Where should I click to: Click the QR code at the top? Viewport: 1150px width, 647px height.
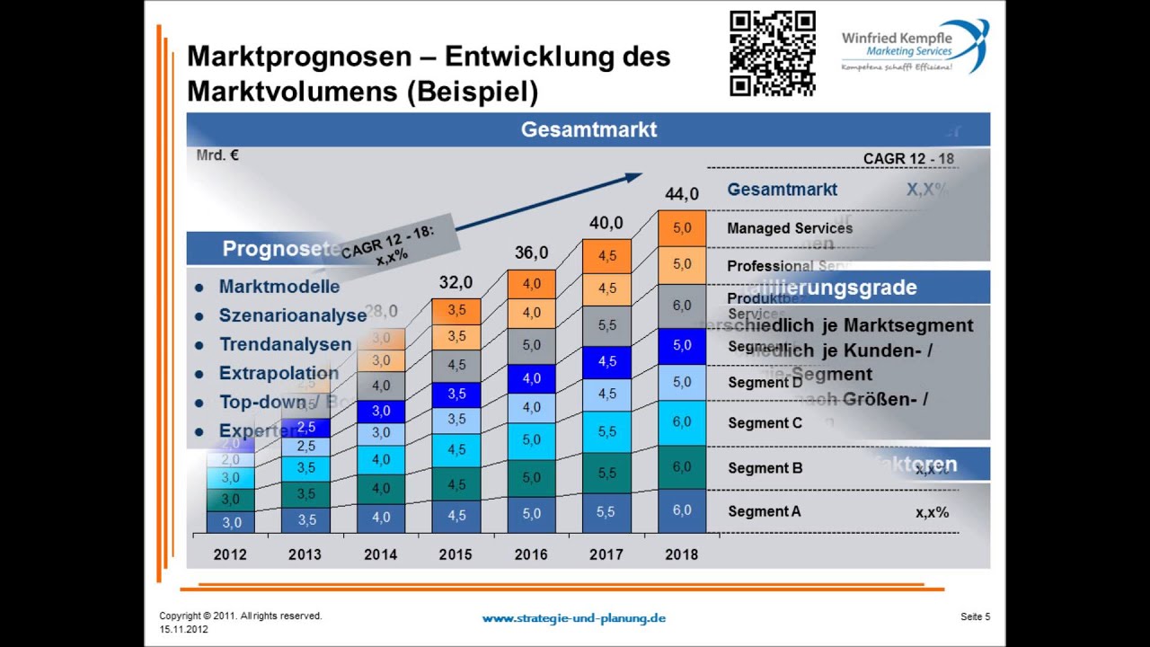click(772, 53)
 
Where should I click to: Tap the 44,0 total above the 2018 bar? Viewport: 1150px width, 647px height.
click(681, 194)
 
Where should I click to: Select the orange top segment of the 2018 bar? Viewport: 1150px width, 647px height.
click(682, 228)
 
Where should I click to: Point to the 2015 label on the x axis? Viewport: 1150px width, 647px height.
click(456, 554)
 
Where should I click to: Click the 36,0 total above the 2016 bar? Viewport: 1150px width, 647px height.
click(531, 253)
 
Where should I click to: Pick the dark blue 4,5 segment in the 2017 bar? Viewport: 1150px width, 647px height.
click(606, 362)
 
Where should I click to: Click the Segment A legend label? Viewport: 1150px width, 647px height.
click(764, 511)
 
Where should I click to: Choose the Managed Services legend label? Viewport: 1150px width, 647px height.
click(790, 228)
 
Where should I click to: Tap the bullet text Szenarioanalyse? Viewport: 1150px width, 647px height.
click(292, 315)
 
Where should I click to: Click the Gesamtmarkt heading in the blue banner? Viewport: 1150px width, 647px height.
click(588, 129)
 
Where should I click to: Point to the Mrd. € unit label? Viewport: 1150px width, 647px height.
click(217, 155)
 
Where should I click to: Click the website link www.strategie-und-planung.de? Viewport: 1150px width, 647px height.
click(573, 618)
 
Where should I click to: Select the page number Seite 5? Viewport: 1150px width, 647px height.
click(975, 616)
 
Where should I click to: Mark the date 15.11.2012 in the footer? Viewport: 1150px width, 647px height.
click(184, 630)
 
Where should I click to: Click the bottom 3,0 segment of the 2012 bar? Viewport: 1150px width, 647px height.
click(231, 522)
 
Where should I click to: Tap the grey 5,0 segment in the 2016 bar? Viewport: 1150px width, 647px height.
click(531, 345)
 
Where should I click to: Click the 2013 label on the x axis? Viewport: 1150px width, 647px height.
click(305, 554)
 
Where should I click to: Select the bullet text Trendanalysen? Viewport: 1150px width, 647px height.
click(285, 344)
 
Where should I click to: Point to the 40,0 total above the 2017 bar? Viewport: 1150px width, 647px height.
click(606, 222)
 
